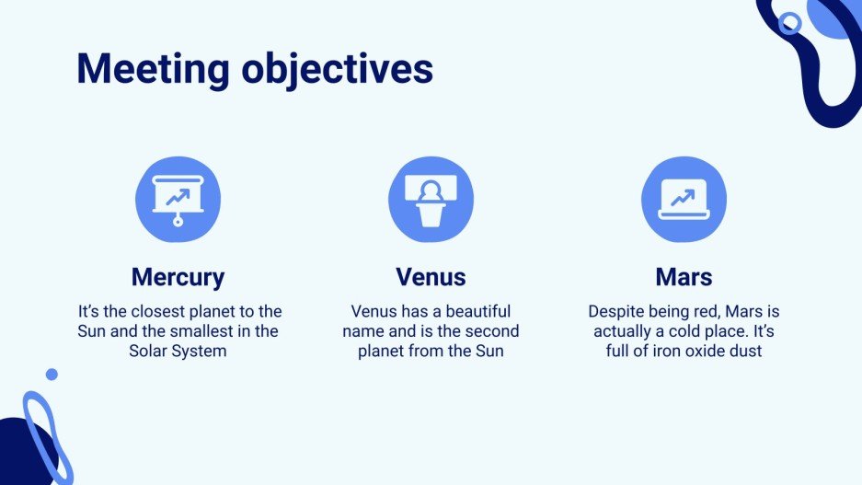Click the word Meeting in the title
pyautogui.click(x=153, y=70)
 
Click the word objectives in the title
pyautogui.click(x=338, y=70)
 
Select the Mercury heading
pyautogui.click(x=178, y=277)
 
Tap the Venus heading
pyautogui.click(x=431, y=277)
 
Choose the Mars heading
pyautogui.click(x=684, y=277)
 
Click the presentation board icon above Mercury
pyautogui.click(x=178, y=200)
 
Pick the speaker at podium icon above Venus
pyautogui.click(x=431, y=200)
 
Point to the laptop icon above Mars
pyautogui.click(x=684, y=199)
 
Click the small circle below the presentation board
pyautogui.click(x=178, y=222)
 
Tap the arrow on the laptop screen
pyautogui.click(x=683, y=198)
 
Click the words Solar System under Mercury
pyautogui.click(x=178, y=351)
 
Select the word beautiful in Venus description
pyautogui.click(x=478, y=311)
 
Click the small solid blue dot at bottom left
pyautogui.click(x=52, y=375)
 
